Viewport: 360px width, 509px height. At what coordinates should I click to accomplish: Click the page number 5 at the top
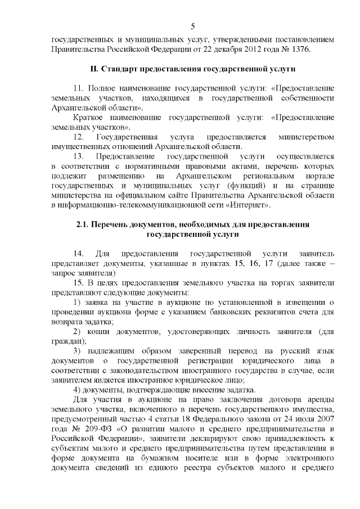[193, 26]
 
